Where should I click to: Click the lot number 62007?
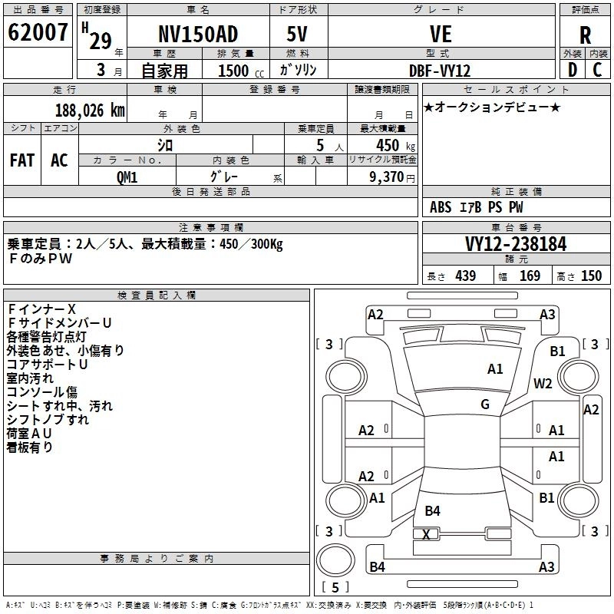pos(38,33)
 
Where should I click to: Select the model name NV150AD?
pos(197,35)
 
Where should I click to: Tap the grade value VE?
pos(441,35)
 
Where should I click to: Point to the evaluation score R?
pos(585,35)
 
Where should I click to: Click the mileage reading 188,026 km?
pos(91,111)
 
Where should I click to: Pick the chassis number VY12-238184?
pos(516,244)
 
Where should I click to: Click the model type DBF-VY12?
pos(441,70)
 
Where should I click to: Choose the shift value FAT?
pos(22,160)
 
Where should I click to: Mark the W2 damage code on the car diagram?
pos(543,384)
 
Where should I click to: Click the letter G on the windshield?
pos(485,404)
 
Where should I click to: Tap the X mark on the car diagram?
pos(427,534)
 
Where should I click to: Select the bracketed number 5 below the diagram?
pos(335,587)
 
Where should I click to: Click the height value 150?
pos(591,276)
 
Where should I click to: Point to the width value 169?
pos(530,276)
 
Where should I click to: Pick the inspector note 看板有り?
pos(30,447)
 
